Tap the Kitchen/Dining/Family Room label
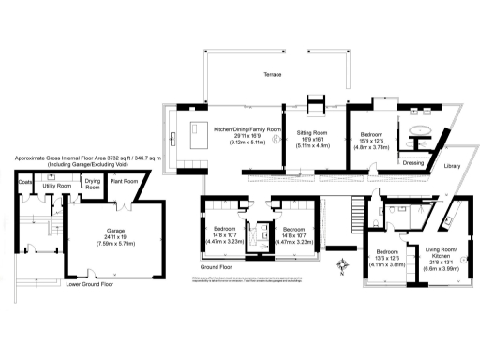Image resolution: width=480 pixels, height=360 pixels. pos(247,128)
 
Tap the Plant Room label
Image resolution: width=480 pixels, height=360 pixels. pos(124,180)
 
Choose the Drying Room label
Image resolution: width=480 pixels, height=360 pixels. pos(93,184)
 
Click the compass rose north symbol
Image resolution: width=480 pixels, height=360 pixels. pos(344,267)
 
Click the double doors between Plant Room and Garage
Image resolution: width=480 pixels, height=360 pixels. pos(122,206)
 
